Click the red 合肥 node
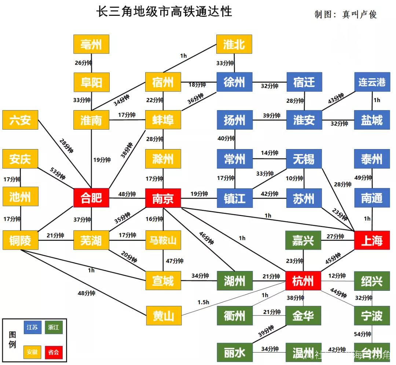pos(91,198)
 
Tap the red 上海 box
pos(372,241)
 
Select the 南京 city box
pos(163,198)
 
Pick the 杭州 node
pos(303,281)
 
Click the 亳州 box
pos(91,44)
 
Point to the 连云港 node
pos(372,82)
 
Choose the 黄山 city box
pos(164,315)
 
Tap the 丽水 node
pos(234,353)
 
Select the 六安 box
pos(20,120)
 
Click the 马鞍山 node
pos(163,241)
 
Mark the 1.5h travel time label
pos(203,302)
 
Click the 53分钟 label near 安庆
pos(58,173)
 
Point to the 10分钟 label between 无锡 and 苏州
pos(294,178)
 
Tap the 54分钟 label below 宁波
pos(363,334)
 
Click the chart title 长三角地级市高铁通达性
pos(164,11)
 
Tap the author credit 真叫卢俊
pos(359,14)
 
